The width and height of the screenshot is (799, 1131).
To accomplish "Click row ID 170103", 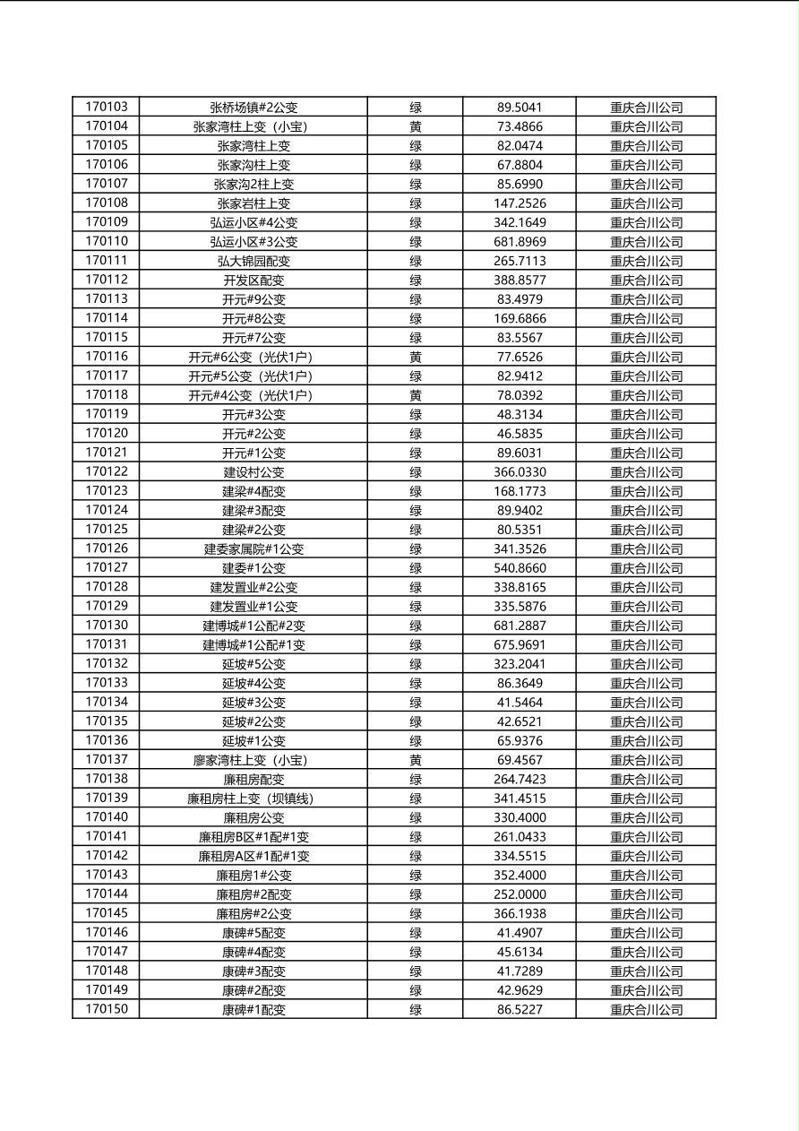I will tap(107, 107).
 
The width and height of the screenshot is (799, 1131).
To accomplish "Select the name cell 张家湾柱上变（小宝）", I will tap(253, 126).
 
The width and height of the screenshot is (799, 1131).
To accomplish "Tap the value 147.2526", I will tap(520, 203).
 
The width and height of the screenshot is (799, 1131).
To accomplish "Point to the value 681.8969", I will tap(520, 242).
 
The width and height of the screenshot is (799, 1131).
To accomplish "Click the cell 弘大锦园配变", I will tap(253, 261).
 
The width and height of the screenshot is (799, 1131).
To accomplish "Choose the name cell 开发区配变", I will tap(253, 280).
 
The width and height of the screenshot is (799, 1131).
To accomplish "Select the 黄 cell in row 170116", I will tap(416, 357).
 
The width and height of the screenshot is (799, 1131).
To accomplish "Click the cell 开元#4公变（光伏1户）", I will tap(253, 395).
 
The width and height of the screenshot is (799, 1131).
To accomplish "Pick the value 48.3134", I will tap(520, 414).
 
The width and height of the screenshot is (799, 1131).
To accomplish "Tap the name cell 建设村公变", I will tap(253, 472).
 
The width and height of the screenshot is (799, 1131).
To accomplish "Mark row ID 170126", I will tap(107, 548).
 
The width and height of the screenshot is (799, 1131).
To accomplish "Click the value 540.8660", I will tap(520, 568).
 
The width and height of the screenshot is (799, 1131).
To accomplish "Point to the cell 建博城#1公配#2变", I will tap(253, 626).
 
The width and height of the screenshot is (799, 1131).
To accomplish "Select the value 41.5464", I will tap(520, 703).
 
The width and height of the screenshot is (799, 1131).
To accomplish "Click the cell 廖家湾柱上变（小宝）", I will tap(253, 760).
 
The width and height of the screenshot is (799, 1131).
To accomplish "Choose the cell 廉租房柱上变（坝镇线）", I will tap(253, 799).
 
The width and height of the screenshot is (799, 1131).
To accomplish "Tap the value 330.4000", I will tap(520, 817).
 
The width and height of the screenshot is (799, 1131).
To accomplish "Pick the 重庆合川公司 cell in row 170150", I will tap(646, 1010).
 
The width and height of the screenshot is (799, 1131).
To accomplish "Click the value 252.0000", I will tap(520, 894).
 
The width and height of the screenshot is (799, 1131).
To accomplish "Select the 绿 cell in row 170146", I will tap(416, 933).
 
